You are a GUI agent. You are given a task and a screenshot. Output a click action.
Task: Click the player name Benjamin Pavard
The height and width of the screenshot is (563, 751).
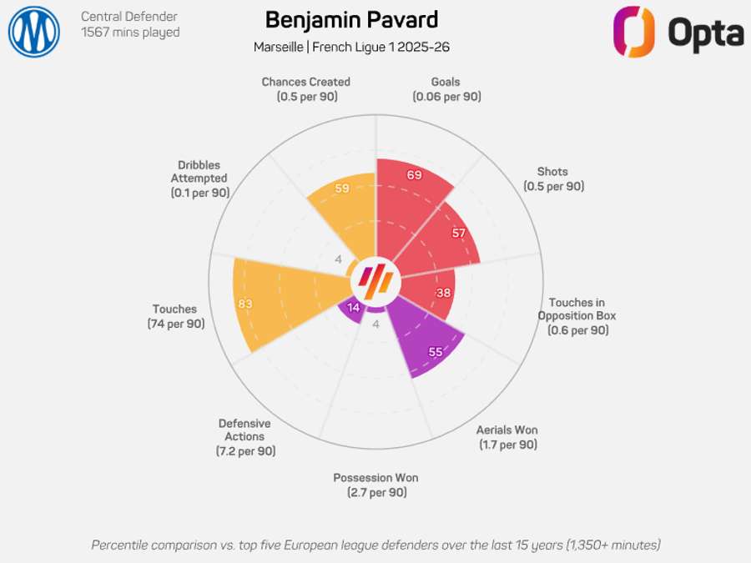[x=351, y=20]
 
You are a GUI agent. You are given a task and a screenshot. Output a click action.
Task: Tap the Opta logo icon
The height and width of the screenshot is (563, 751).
[x=634, y=32]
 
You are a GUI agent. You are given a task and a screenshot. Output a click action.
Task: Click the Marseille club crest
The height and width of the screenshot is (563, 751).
[x=34, y=32]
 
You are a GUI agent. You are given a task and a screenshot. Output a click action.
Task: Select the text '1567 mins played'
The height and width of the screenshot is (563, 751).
[x=130, y=33]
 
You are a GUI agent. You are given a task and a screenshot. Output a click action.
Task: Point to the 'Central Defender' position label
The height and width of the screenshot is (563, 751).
[x=129, y=17]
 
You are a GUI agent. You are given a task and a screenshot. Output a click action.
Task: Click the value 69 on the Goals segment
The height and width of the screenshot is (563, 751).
[x=415, y=175]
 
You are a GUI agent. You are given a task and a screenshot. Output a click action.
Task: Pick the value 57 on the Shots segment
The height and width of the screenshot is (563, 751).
[x=458, y=233]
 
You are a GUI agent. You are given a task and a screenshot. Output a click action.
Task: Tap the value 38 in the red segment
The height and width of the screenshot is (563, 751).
[x=444, y=293]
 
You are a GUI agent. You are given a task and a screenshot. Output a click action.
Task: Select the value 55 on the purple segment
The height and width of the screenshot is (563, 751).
[x=435, y=352]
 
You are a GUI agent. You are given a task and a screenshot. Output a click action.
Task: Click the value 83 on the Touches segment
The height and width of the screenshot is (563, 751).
[x=244, y=304]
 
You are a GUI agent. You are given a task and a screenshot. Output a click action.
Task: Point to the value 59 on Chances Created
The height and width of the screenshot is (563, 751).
[x=341, y=189]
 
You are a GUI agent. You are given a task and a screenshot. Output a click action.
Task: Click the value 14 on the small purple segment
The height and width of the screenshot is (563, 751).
[x=353, y=307]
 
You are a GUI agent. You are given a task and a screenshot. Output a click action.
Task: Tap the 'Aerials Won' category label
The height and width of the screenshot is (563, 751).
[x=507, y=437]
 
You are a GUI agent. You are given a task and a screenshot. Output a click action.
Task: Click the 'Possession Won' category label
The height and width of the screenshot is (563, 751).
[x=375, y=485]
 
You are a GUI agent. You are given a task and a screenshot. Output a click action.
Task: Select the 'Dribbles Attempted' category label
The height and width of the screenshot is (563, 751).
[x=199, y=178]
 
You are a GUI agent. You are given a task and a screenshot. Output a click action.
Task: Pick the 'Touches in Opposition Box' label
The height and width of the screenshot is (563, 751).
[x=577, y=316]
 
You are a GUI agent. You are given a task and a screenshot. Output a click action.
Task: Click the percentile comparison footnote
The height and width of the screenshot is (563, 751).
[x=375, y=545]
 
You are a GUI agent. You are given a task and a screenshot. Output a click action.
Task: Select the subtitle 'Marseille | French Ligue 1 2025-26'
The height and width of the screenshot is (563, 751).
[x=351, y=47]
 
